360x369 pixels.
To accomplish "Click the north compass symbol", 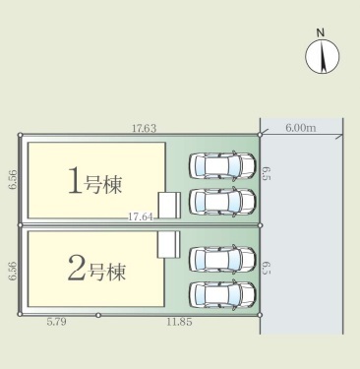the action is click(x=323, y=56).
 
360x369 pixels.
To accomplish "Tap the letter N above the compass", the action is click(x=321, y=32).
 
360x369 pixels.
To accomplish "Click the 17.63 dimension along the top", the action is click(x=145, y=128).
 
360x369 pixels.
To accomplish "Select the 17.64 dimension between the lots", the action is click(x=141, y=216).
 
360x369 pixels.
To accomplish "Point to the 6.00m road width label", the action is click(x=301, y=128).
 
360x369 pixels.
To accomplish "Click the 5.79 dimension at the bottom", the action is click(x=56, y=322).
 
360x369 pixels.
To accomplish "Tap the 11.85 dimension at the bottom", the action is click(x=179, y=322).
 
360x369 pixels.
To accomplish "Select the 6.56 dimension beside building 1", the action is click(x=13, y=180).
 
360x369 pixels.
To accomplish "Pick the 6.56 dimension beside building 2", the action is click(x=13, y=271).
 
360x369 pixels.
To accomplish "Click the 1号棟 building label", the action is click(x=94, y=181).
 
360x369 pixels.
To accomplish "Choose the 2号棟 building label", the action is click(x=96, y=269).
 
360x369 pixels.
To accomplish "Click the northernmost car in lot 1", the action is click(x=222, y=165).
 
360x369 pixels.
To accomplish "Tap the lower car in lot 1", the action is click(x=222, y=202).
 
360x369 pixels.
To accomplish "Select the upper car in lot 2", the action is click(x=222, y=259).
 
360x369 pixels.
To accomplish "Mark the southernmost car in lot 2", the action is click(x=222, y=294).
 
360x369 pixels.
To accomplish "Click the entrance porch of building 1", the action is click(x=169, y=205).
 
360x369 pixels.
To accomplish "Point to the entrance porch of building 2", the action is click(x=169, y=244).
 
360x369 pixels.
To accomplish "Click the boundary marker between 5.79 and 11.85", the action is click(x=98, y=315).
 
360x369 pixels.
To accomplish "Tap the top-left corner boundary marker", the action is click(x=20, y=135).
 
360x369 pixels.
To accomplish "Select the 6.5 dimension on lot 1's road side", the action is click(x=267, y=173).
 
